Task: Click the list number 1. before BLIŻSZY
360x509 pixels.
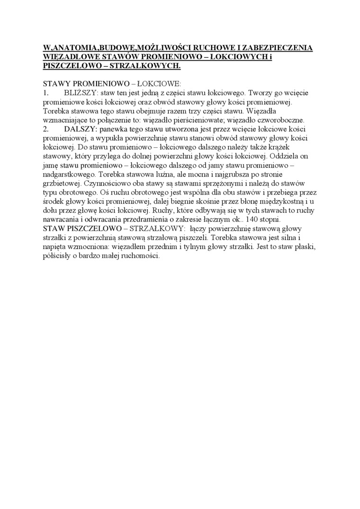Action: coord(46,92)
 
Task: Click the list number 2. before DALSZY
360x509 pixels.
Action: coord(46,129)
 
